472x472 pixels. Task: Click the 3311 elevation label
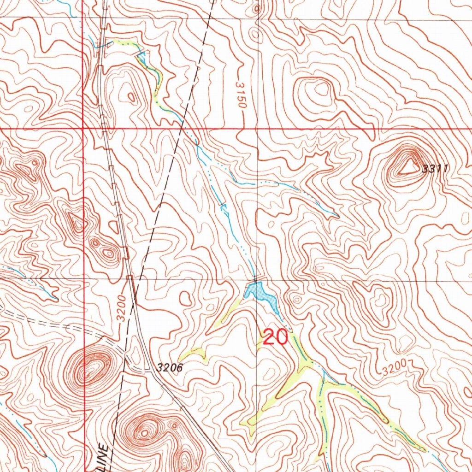click(x=435, y=169)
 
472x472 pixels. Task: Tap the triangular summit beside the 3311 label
click(x=407, y=167)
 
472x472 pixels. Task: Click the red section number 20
click(x=275, y=338)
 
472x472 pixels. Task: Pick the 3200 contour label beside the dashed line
click(x=121, y=307)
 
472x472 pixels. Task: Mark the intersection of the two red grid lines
click(x=83, y=128)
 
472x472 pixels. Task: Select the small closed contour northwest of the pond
click(x=186, y=298)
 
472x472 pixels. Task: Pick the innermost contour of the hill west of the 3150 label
click(x=132, y=96)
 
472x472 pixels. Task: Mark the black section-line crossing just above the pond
click(x=257, y=279)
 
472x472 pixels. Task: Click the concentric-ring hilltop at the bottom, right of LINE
click(x=145, y=432)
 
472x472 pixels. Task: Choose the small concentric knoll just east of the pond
click(x=296, y=300)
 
